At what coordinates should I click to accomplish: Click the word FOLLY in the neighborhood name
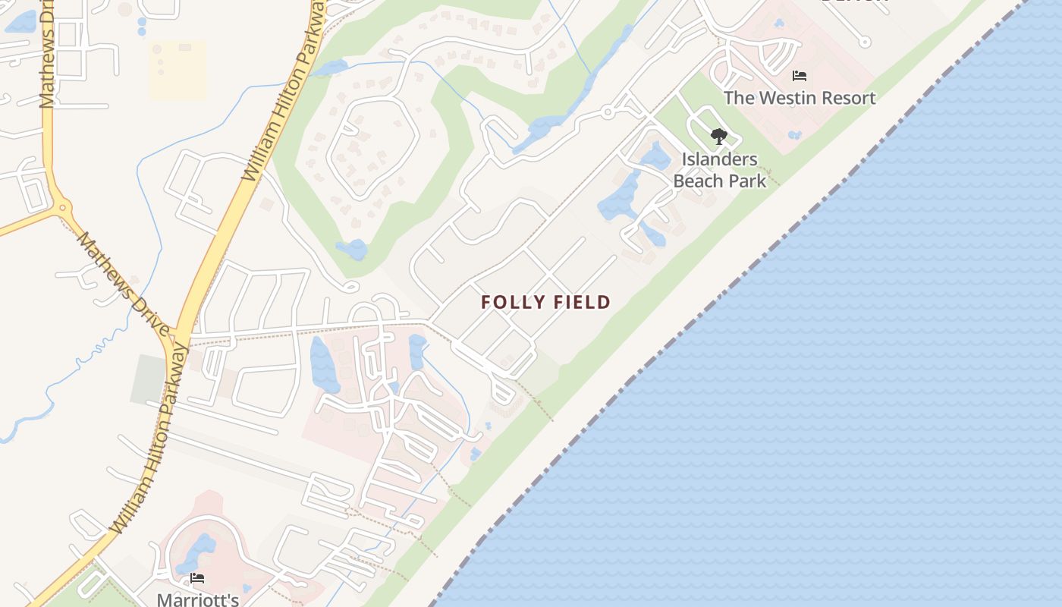pyautogui.click(x=507, y=302)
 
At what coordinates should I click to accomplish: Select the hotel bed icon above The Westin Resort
pyautogui.click(x=799, y=76)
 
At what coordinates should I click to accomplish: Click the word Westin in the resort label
pyautogui.click(x=783, y=98)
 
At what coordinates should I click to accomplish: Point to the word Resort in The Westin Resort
pyautogui.click(x=847, y=98)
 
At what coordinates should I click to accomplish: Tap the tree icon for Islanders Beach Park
pyautogui.click(x=718, y=137)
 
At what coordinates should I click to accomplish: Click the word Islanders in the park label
pyautogui.click(x=719, y=159)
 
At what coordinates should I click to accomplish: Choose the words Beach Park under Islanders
pyautogui.click(x=719, y=181)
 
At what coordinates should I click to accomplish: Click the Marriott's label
pyautogui.click(x=197, y=599)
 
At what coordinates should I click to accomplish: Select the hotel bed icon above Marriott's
pyautogui.click(x=197, y=578)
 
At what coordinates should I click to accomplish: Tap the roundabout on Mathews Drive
pyautogui.click(x=60, y=206)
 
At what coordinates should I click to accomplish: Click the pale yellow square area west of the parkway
pyautogui.click(x=178, y=70)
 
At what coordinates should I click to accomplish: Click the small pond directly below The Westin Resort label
pyautogui.click(x=794, y=135)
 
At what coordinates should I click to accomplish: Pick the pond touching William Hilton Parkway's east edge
pyautogui.click(x=331, y=68)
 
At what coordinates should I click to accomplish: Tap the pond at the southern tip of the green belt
pyautogui.click(x=353, y=249)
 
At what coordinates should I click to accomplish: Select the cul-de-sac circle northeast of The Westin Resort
pyautogui.click(x=865, y=42)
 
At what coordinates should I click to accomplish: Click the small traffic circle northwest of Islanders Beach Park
pyautogui.click(x=607, y=113)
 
